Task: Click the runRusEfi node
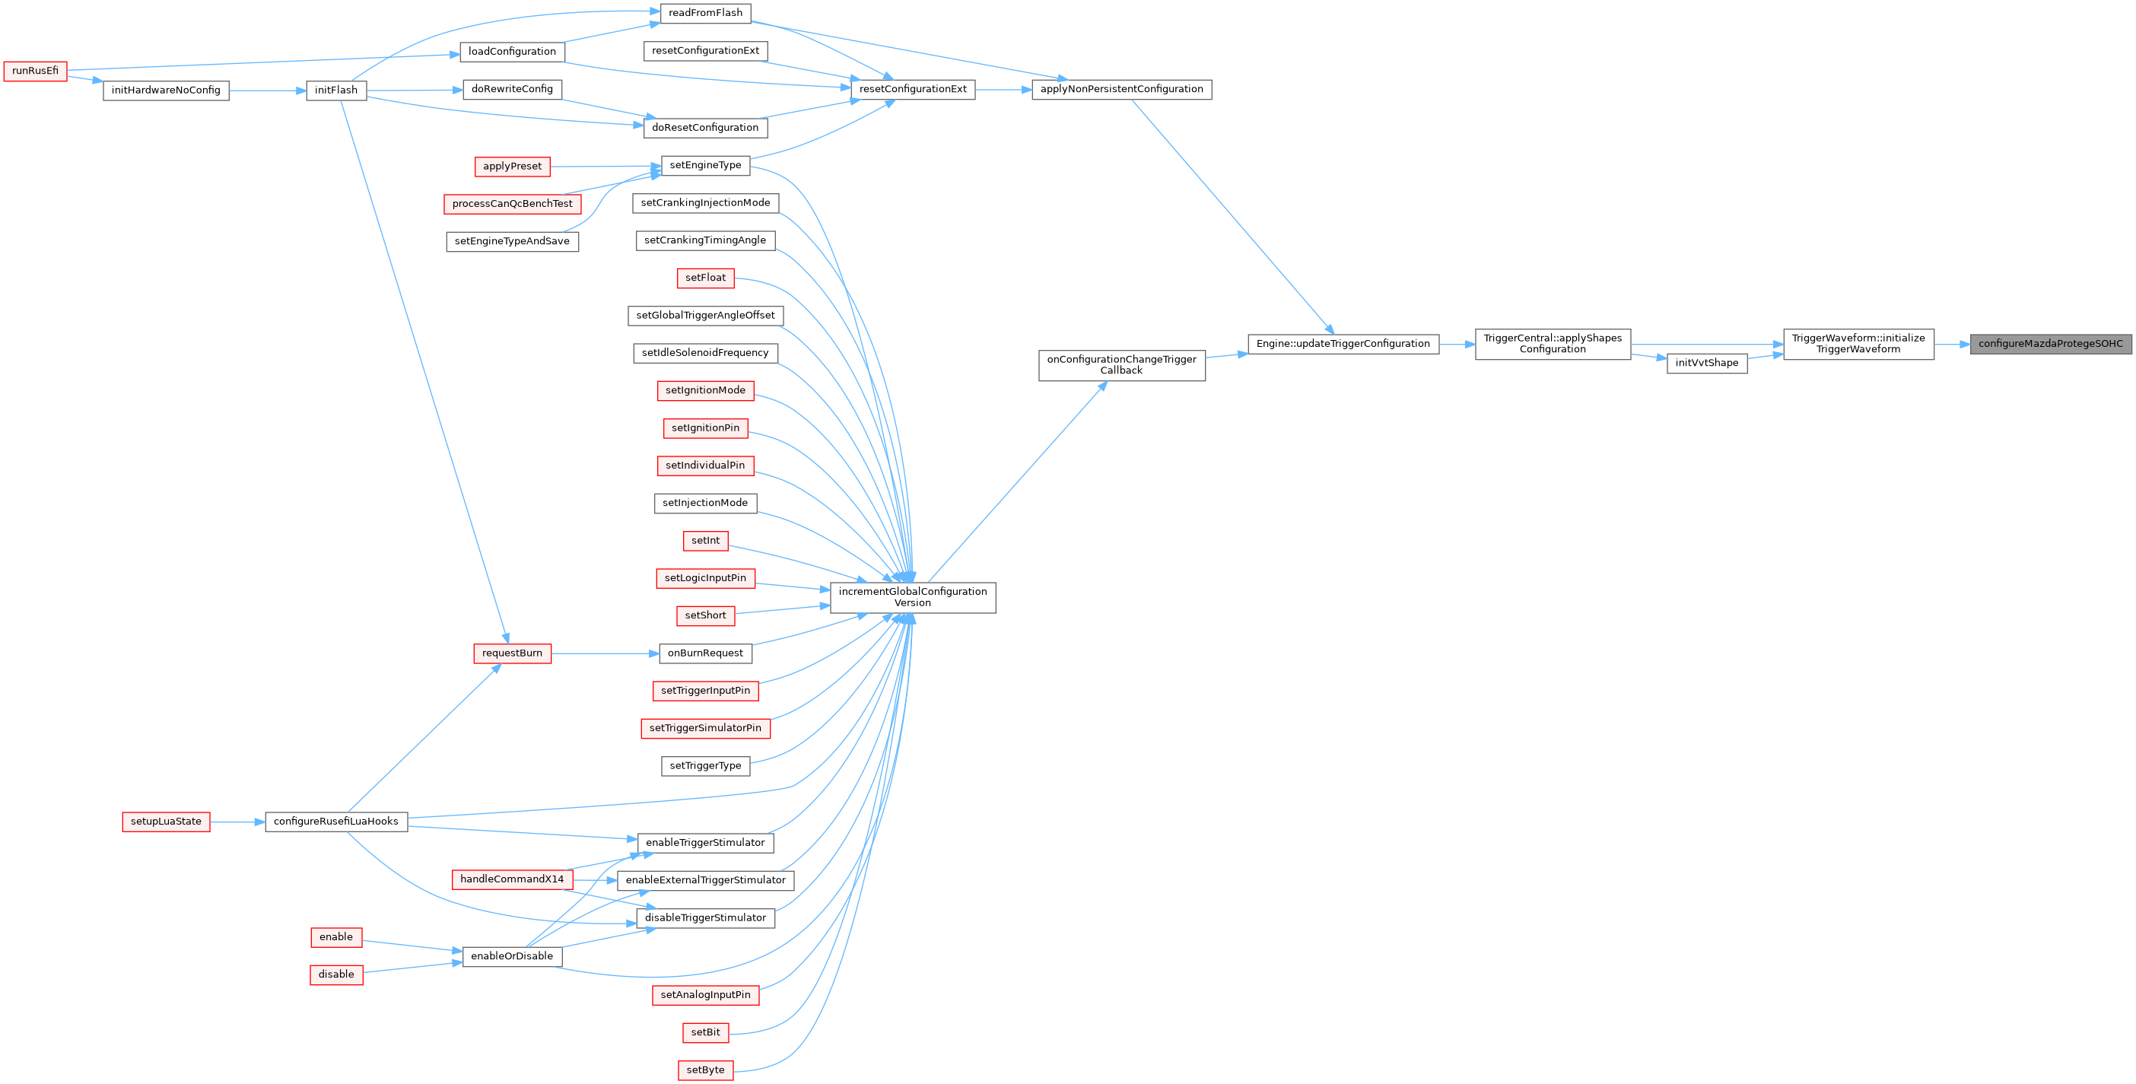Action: [x=35, y=72]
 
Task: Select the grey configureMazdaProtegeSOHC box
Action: [x=2050, y=344]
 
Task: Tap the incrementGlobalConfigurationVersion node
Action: [x=912, y=597]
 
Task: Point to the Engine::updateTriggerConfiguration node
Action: [x=1343, y=344]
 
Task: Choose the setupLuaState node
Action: [x=166, y=822]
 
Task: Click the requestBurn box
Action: [x=512, y=653]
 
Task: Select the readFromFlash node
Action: [x=705, y=13]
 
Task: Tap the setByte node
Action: [x=705, y=1070]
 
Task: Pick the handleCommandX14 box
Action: [x=512, y=879]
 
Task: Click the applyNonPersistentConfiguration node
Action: [x=1121, y=90]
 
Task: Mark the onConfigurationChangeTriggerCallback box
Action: [x=1121, y=365]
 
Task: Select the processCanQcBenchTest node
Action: [x=512, y=204]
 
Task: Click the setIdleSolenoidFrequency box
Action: [x=705, y=353]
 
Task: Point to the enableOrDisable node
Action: [x=512, y=956]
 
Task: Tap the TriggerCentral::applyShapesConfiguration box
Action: [x=1553, y=344]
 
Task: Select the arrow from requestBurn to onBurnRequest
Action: [x=606, y=653]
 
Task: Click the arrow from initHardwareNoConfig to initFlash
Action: [x=267, y=91]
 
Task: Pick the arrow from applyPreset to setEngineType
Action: [x=606, y=166]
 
